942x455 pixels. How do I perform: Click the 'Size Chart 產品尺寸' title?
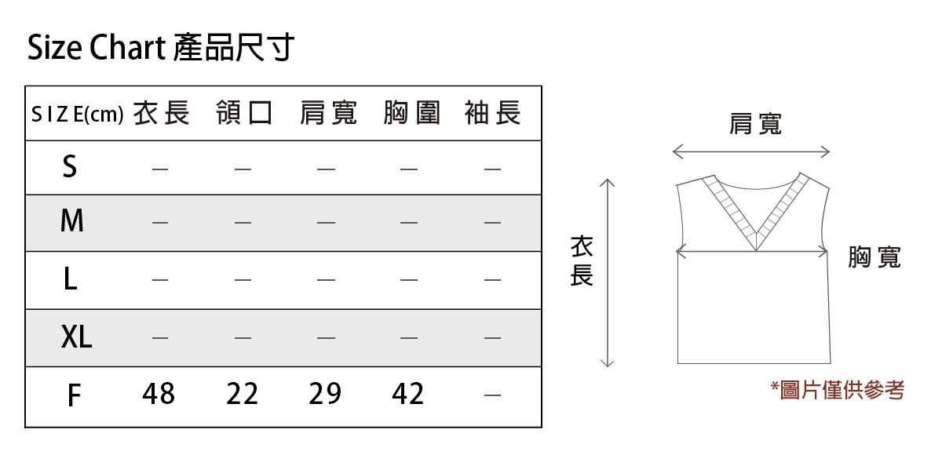click(x=161, y=48)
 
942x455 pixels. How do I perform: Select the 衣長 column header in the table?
click(x=162, y=113)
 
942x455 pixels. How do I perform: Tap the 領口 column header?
click(x=244, y=113)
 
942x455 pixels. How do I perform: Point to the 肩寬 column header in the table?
click(x=328, y=113)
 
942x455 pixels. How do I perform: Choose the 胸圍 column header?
click(x=411, y=113)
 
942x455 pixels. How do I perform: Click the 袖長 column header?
click(x=493, y=113)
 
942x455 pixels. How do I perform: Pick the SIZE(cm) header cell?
click(x=78, y=115)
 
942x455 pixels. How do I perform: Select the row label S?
click(x=70, y=166)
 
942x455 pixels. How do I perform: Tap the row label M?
click(x=72, y=220)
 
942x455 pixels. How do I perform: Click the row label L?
click(x=71, y=279)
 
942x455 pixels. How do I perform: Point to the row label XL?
click(x=76, y=337)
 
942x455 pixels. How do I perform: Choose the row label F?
click(x=74, y=395)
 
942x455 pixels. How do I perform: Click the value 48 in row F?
click(x=159, y=394)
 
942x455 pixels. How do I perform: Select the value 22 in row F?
click(x=243, y=394)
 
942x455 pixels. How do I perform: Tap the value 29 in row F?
click(x=325, y=394)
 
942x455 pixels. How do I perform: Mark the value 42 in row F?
click(x=408, y=394)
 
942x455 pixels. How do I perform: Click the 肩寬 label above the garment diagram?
click(x=756, y=125)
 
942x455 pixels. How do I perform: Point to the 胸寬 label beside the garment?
click(x=874, y=257)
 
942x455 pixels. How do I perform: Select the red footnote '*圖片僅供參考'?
click(x=838, y=390)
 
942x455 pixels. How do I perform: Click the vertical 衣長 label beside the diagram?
click(x=582, y=261)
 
